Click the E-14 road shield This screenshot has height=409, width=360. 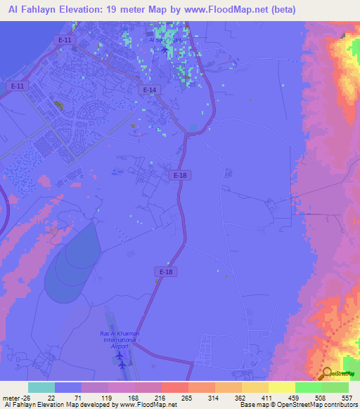[x=149, y=90]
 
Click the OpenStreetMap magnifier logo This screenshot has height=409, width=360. [x=328, y=372]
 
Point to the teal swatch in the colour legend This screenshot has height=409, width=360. [x=41, y=387]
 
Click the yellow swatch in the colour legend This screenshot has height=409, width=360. [x=282, y=387]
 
